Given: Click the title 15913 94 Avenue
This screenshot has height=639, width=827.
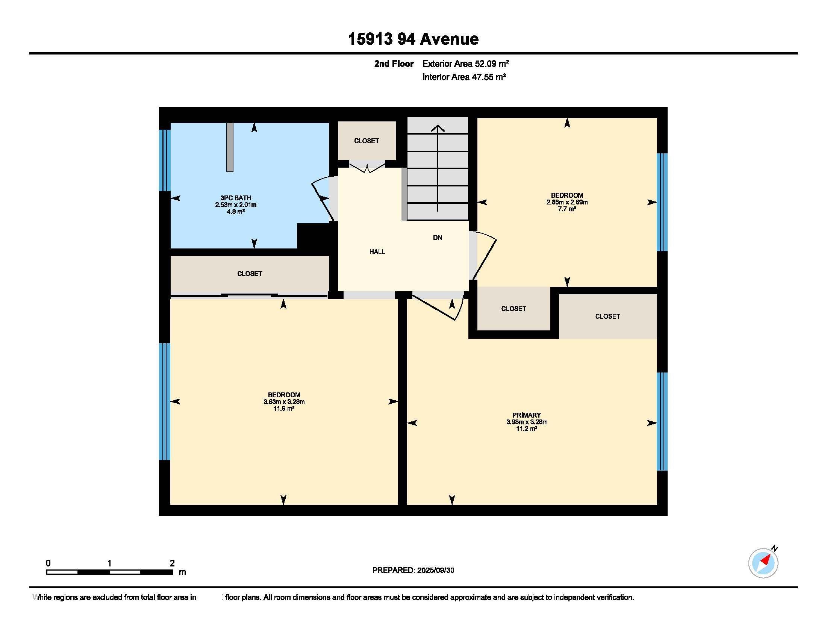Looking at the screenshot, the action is point(413,39).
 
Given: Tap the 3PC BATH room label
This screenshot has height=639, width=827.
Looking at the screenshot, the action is point(236,198).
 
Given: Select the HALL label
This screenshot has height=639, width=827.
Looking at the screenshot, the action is point(377,252).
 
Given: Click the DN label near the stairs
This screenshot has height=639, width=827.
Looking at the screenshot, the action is point(437,237).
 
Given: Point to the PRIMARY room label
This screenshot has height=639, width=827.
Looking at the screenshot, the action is point(527,415).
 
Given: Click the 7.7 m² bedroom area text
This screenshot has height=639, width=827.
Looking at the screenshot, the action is point(567,209).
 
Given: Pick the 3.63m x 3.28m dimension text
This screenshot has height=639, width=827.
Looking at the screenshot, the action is point(284,402).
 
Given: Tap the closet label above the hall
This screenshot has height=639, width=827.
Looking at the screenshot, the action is point(367,141).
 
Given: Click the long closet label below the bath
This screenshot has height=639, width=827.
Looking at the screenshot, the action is point(250,274).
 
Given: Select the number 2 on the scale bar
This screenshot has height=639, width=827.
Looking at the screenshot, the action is point(172,563).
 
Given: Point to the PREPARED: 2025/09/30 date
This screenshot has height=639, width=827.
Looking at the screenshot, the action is point(413,570).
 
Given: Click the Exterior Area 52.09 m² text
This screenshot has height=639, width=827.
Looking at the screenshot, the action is point(465,64).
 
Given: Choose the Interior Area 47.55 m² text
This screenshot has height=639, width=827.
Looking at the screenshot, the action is point(464,77).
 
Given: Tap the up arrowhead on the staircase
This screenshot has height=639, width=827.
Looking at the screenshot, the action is point(438,128).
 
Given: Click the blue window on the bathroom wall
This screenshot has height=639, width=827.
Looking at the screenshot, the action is point(165,161).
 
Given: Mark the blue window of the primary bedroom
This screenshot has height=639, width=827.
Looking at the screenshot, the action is point(662,421).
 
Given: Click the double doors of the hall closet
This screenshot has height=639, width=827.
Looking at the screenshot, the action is point(367,167).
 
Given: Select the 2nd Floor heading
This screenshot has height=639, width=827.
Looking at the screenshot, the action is point(394,64).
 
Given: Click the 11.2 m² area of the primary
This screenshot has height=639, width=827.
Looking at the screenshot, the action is point(527,429).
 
